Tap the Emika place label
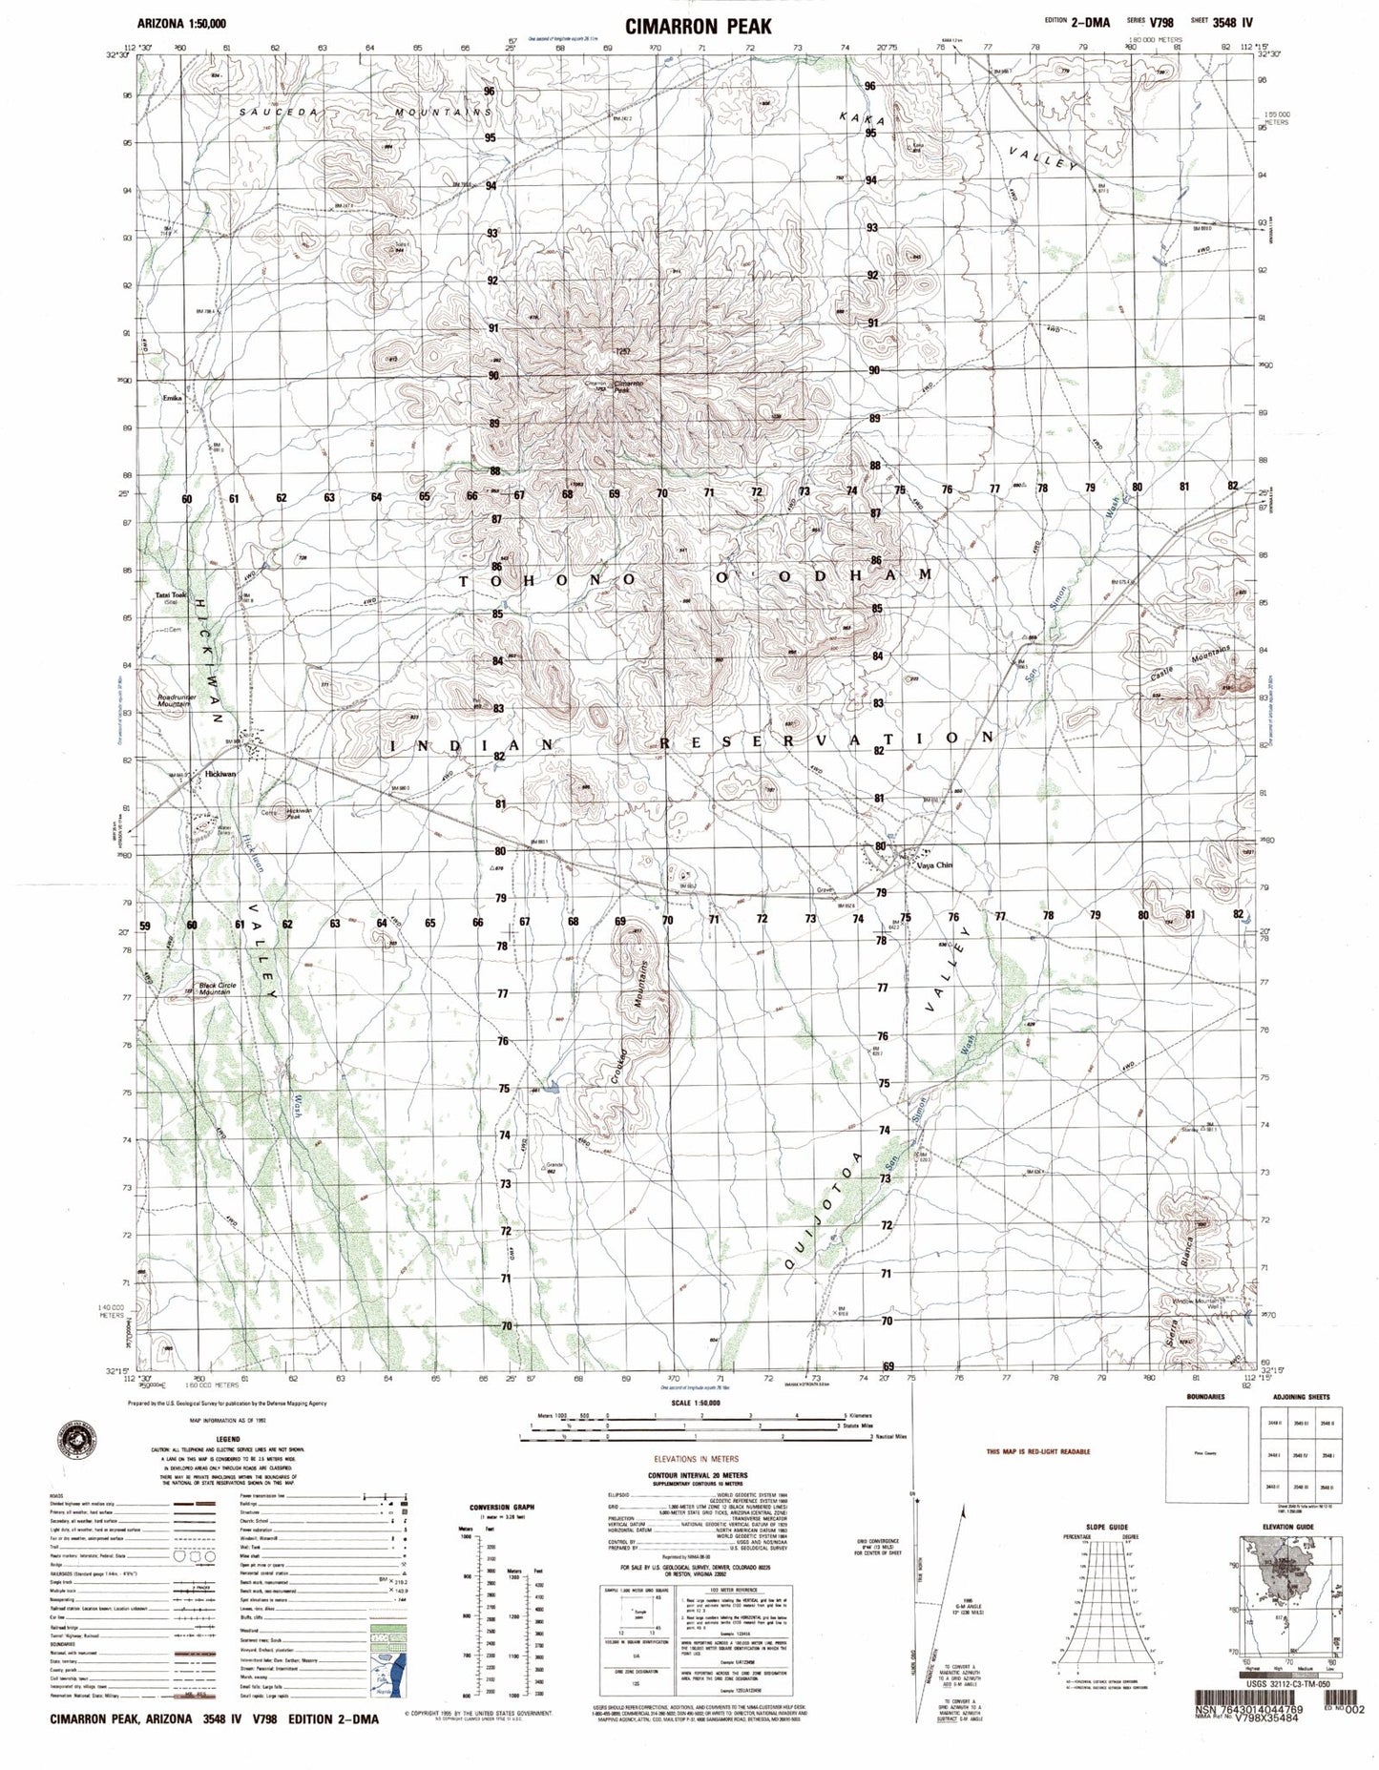[x=172, y=397]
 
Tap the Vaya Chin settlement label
[x=934, y=865]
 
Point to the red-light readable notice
[x=1038, y=1451]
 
